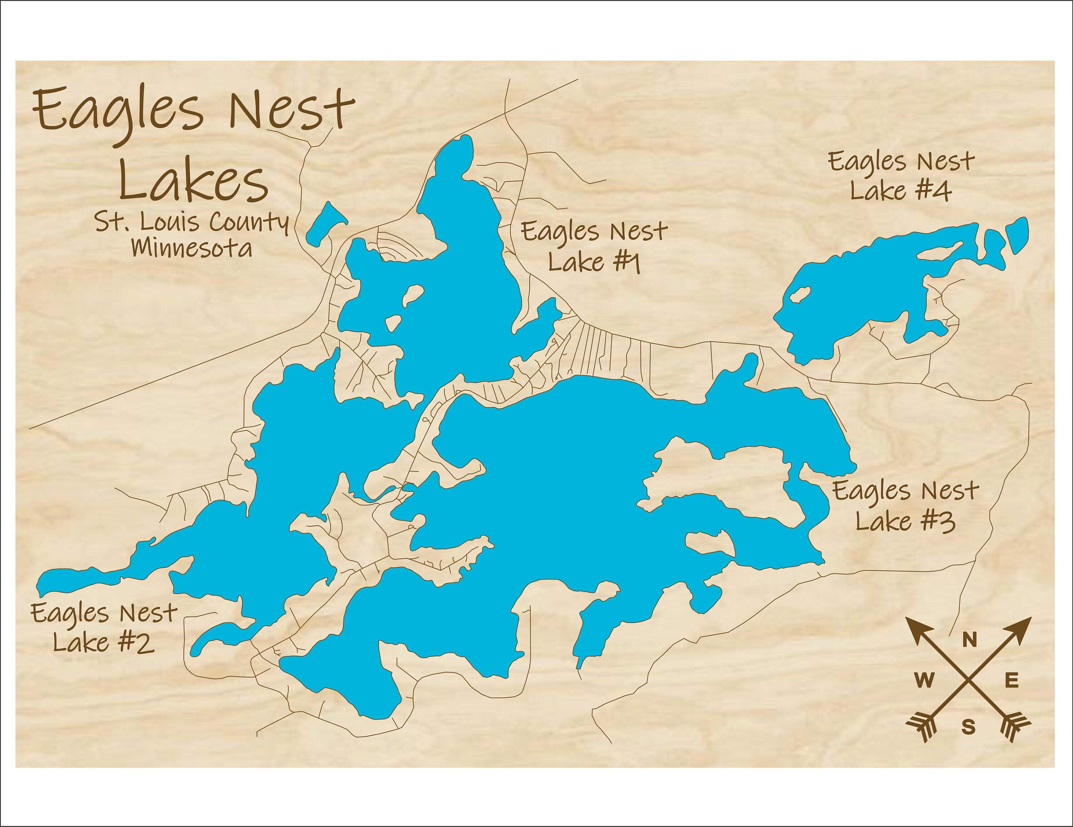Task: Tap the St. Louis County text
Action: pyautogui.click(x=192, y=222)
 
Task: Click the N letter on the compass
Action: pyautogui.click(x=969, y=640)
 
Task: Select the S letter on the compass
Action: pyautogui.click(x=968, y=726)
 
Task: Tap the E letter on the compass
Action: pyautogui.click(x=1011, y=681)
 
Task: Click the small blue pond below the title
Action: pyautogui.click(x=326, y=224)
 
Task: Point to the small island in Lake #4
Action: pyautogui.click(x=800, y=295)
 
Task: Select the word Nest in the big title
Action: pyautogui.click(x=291, y=111)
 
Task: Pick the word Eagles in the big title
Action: pyautogui.click(x=118, y=112)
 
